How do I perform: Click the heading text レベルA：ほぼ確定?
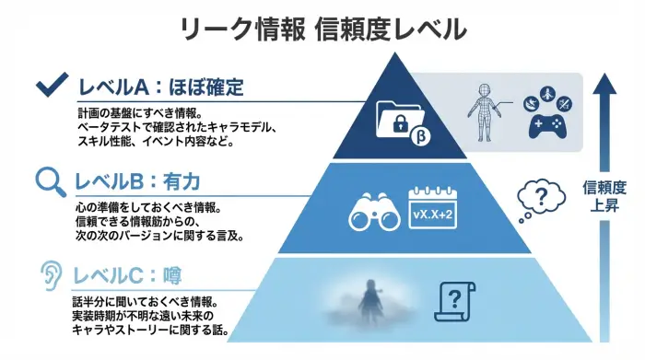(x=163, y=89)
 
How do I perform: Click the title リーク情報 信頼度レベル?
(x=322, y=30)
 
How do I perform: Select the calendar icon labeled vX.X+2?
(x=433, y=210)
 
